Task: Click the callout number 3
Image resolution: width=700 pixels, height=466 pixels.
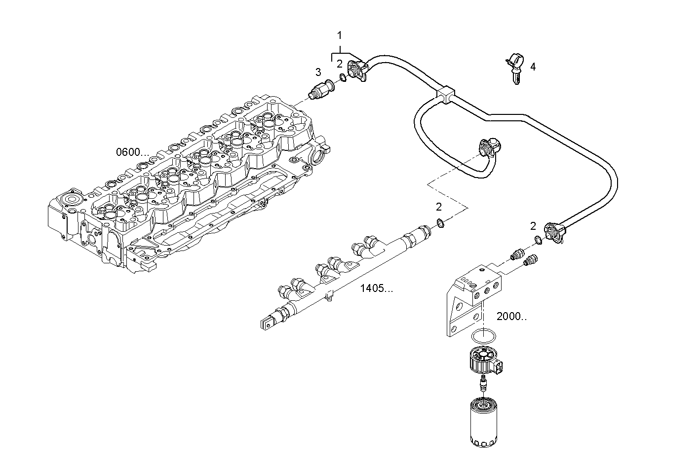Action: tap(318, 72)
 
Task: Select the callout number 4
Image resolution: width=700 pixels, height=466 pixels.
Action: tap(533, 67)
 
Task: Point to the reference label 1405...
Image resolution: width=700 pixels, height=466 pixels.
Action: tap(377, 289)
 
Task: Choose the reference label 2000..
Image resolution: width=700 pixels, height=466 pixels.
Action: tap(511, 317)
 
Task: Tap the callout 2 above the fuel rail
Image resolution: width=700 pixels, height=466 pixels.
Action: tap(438, 207)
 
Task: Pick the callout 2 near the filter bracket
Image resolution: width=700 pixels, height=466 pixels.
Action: tap(533, 226)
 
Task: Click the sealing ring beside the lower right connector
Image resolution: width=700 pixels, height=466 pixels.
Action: tap(538, 240)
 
